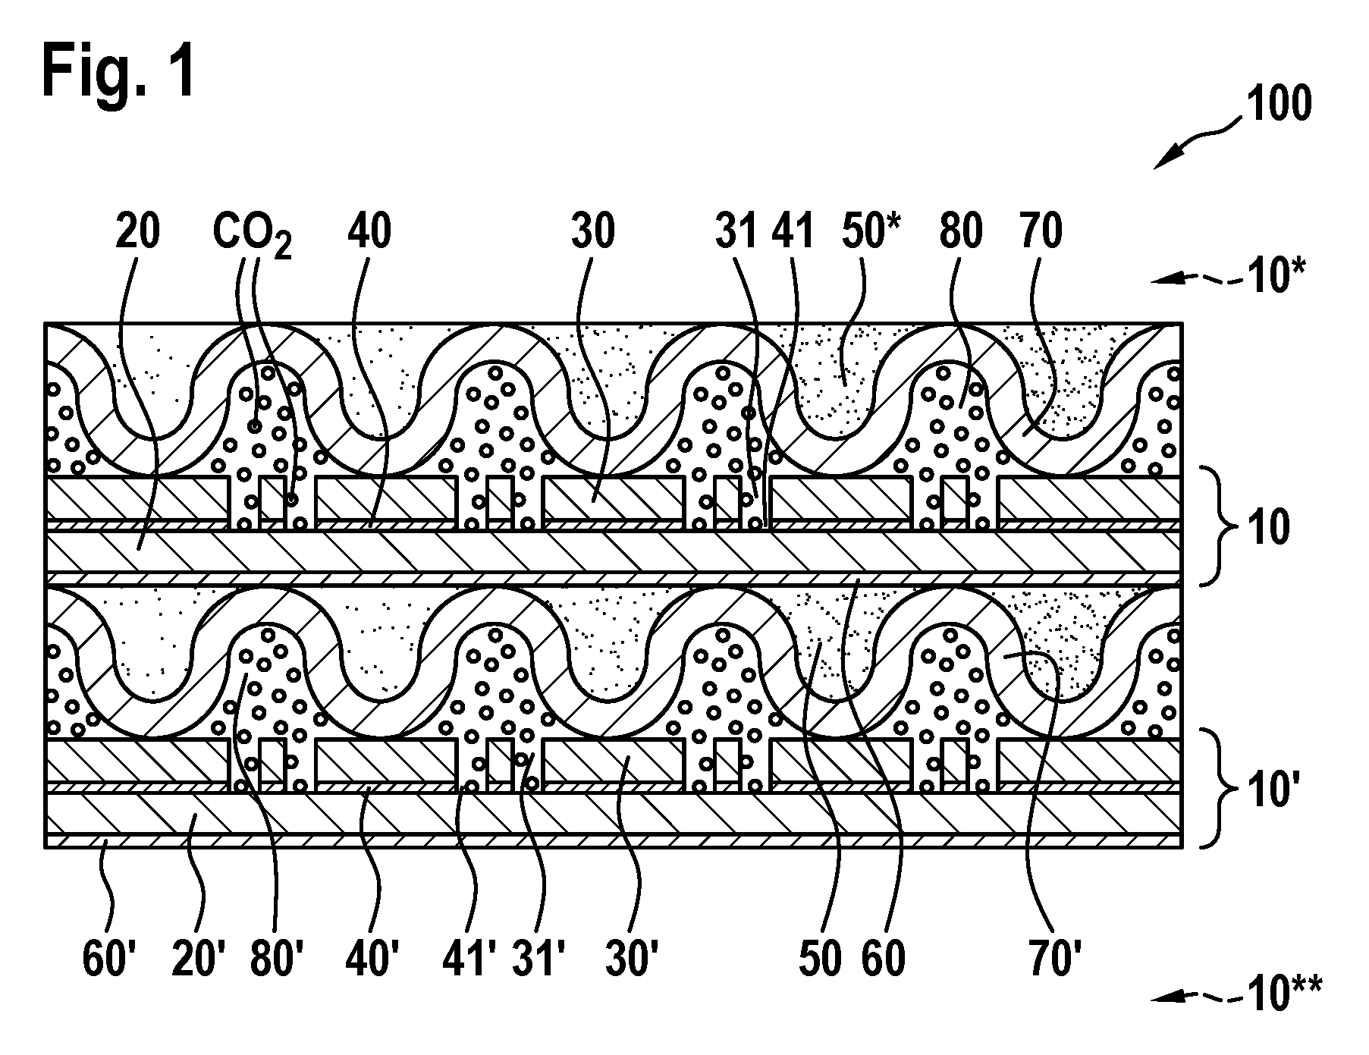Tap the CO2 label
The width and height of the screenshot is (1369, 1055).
[x=253, y=234]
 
